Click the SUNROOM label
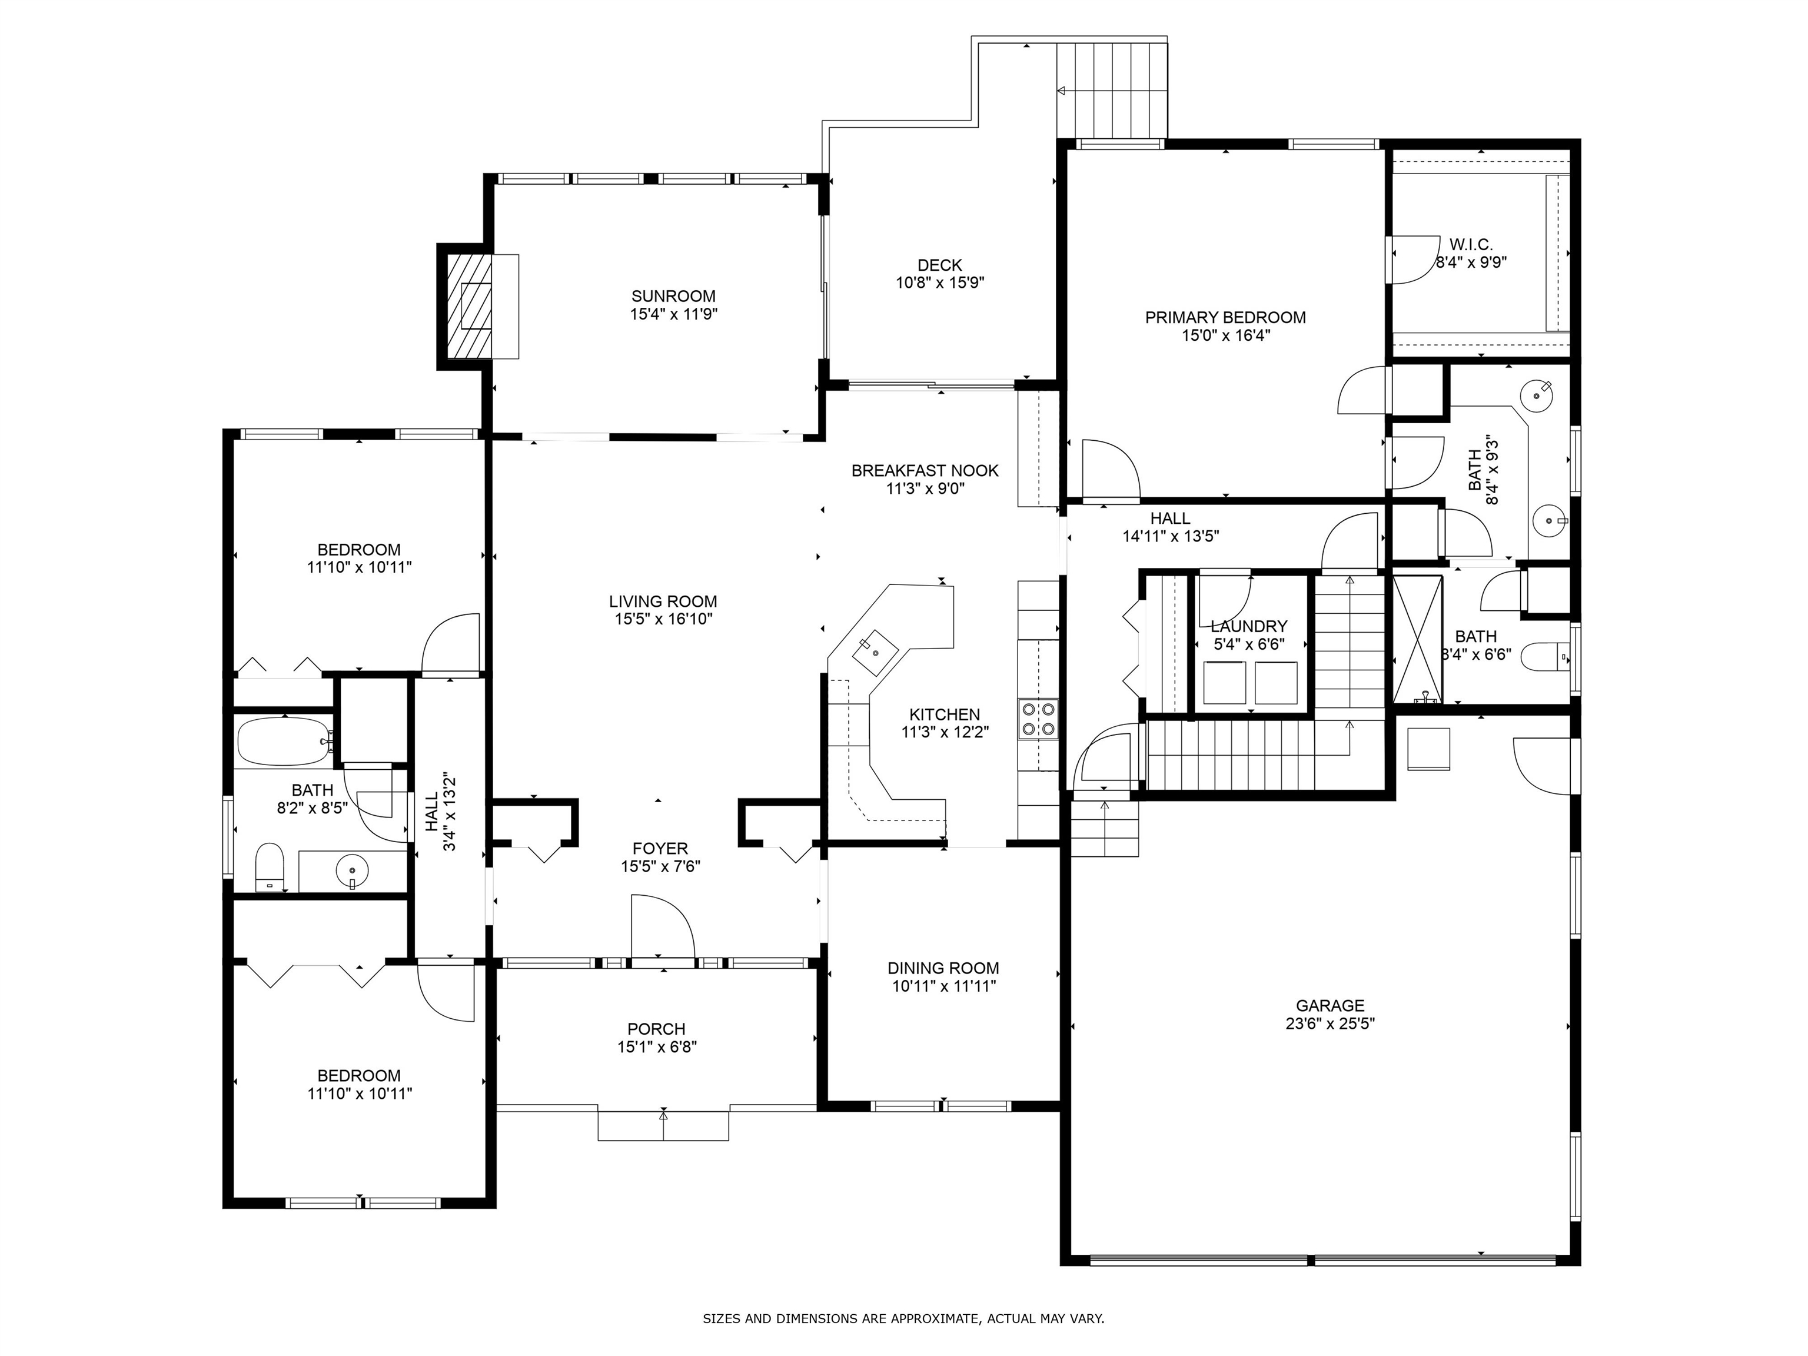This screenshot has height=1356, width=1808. click(x=673, y=296)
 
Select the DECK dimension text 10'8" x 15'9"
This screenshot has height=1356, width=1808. click(x=939, y=283)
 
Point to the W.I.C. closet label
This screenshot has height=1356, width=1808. click(x=1470, y=244)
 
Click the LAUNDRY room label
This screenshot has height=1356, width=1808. click(x=1248, y=626)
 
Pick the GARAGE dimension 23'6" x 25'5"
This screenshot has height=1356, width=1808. click(x=1330, y=1023)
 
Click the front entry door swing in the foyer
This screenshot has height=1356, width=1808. click(x=662, y=925)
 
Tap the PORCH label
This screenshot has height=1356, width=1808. click(x=656, y=1028)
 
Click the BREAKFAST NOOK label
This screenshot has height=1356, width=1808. click(x=925, y=471)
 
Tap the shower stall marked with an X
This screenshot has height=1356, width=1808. click(x=1417, y=639)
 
